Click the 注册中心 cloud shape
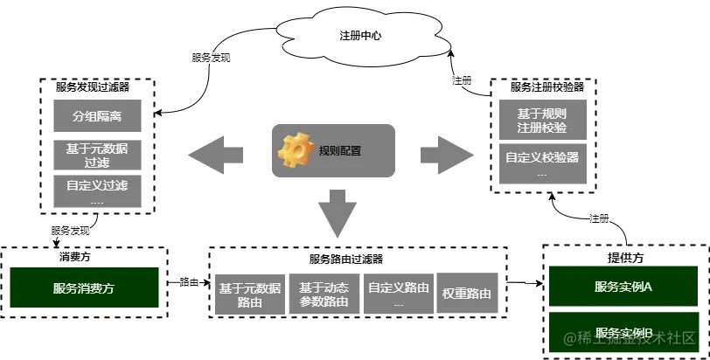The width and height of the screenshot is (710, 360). pyautogui.click(x=360, y=37)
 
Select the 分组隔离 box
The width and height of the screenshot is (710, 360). pyautogui.click(x=97, y=115)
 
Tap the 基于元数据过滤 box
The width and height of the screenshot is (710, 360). pyautogui.click(x=97, y=156)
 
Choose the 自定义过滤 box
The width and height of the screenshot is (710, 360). pyautogui.click(x=97, y=191)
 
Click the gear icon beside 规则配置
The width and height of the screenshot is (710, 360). pyautogui.click(x=296, y=150)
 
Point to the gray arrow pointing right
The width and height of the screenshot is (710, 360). pyautogui.click(x=446, y=155)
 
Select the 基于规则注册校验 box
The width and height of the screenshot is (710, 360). pyautogui.click(x=542, y=120)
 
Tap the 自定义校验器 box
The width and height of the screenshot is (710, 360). pyautogui.click(x=542, y=164)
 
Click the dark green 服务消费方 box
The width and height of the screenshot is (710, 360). pyautogui.click(x=84, y=287)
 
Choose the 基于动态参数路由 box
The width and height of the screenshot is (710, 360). pyautogui.click(x=324, y=294)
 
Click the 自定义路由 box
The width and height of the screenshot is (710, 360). pyautogui.click(x=398, y=294)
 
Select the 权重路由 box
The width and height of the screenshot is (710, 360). pyautogui.click(x=467, y=294)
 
